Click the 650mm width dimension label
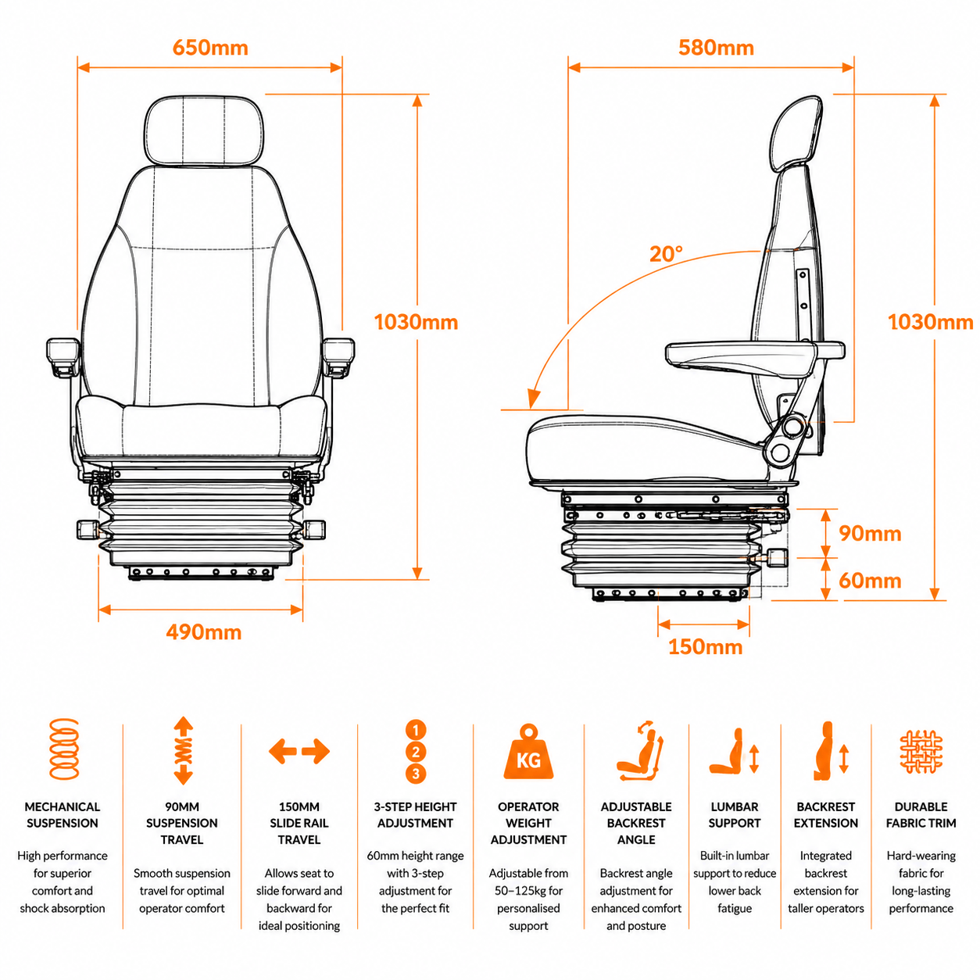click(210, 48)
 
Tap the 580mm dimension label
click(716, 48)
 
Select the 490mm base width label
click(203, 632)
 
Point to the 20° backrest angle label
click(666, 253)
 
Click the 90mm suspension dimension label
click(870, 534)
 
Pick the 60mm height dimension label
click(870, 581)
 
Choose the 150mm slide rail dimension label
click(705, 647)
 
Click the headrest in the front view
click(205, 131)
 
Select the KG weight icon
click(528, 752)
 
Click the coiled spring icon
click(63, 749)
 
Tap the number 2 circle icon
click(416, 752)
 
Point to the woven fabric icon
click(921, 752)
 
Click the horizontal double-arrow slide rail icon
click(299, 752)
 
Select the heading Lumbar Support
click(735, 815)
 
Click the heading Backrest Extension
click(825, 815)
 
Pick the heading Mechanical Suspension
click(62, 815)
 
